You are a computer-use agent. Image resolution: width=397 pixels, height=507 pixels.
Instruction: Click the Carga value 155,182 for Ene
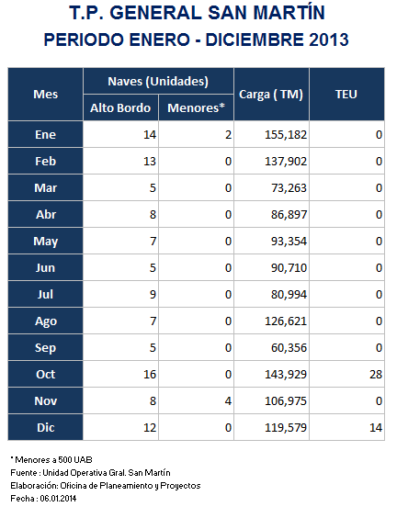point(286,135)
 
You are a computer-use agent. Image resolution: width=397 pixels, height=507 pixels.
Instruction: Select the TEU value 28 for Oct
point(376,375)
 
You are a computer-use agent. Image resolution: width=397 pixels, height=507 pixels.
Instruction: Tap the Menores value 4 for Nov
point(228,401)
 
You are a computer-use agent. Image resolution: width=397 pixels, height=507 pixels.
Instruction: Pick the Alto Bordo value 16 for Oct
point(150,375)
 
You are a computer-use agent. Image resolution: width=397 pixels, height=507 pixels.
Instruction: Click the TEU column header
point(346,95)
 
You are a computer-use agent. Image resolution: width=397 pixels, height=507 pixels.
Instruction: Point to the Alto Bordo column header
point(120,108)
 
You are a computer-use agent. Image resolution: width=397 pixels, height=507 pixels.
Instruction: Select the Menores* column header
point(196,108)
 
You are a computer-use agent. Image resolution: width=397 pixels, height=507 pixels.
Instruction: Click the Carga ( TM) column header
point(271,95)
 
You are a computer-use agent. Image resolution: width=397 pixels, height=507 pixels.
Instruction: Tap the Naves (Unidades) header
point(158,82)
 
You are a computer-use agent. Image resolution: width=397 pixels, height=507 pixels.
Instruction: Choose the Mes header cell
point(46,95)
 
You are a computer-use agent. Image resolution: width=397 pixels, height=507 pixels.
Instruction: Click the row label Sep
point(46,348)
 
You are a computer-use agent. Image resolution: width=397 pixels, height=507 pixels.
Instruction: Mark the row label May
point(46,242)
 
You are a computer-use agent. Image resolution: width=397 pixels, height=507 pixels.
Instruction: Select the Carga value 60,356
point(289,348)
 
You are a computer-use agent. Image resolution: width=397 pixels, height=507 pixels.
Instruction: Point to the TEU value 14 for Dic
point(376,428)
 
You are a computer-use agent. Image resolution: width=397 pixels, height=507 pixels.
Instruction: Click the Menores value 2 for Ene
point(228,135)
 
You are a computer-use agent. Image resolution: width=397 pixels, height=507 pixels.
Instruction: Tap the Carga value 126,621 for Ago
point(286,321)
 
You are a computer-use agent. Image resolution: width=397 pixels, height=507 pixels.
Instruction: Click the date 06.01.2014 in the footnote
point(58,498)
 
